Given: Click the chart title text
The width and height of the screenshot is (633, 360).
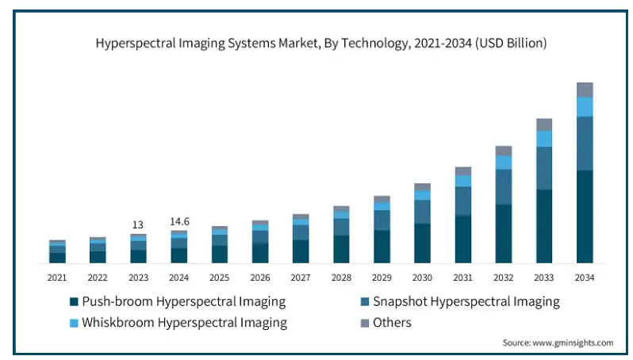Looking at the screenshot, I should tap(320, 44).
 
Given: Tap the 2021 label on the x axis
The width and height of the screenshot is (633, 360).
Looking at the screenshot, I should tap(56, 278).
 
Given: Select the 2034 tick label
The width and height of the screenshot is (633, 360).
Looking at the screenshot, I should tap(585, 278).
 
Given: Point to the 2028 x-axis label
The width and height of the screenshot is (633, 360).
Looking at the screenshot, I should tap(341, 278).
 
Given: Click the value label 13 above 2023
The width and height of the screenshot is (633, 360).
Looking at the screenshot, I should tap(138, 224).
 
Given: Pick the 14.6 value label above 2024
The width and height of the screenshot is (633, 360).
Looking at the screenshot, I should tap(179, 222).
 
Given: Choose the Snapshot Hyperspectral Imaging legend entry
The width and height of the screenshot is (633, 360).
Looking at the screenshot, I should tap(466, 301).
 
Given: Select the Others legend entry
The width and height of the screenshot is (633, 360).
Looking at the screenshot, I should tap(392, 322).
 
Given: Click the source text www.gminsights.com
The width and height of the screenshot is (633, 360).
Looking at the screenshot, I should tap(558, 343).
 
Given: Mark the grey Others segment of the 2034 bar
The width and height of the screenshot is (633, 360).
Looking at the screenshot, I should tap(585, 90).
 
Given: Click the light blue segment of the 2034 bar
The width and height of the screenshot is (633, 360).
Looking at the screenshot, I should tap(585, 106).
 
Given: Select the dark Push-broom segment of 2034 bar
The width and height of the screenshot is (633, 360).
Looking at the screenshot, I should tap(585, 216).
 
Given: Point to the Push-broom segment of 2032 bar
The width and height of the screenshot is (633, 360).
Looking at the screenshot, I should tap(504, 233).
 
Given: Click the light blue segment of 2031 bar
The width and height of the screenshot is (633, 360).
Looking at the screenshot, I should tap(463, 181).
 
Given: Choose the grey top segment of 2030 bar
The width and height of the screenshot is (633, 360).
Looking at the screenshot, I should tap(422, 186).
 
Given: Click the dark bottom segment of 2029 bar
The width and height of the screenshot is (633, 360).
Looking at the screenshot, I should tap(382, 246).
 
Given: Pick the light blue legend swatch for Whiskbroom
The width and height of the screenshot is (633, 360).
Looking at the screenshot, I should tap(74, 323).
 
